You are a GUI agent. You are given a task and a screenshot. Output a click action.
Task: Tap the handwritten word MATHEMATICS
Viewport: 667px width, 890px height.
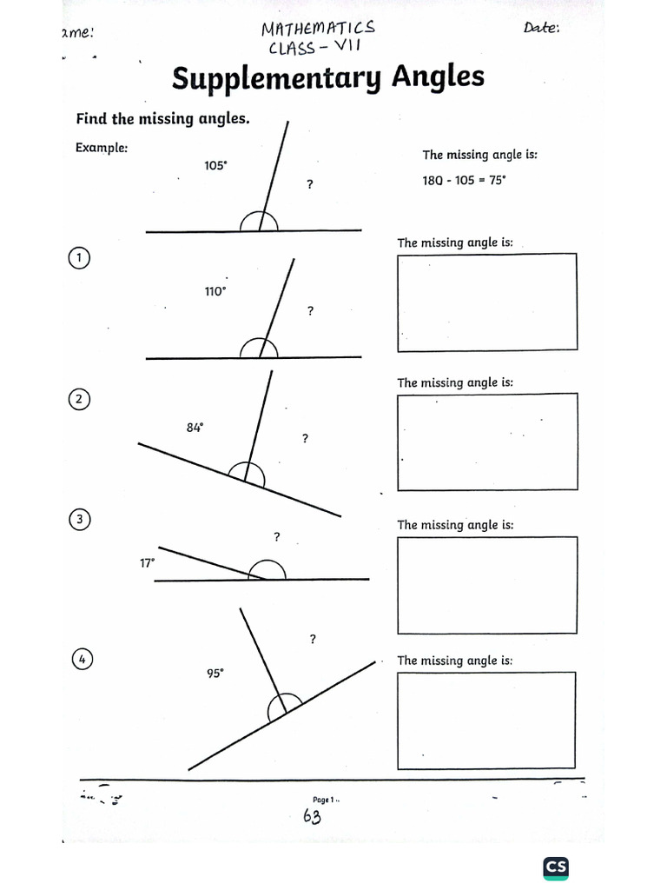(319, 30)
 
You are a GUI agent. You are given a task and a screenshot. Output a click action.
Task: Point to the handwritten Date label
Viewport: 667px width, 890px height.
(542, 28)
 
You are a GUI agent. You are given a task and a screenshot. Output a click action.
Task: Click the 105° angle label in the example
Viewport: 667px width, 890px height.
(215, 165)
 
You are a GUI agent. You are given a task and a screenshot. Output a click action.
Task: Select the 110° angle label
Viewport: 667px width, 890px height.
(215, 292)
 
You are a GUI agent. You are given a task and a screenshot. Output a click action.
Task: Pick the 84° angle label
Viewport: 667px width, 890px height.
(195, 427)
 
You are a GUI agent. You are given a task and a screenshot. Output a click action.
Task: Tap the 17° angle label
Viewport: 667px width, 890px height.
(148, 563)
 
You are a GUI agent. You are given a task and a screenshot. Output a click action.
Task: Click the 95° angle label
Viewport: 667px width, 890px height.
(215, 672)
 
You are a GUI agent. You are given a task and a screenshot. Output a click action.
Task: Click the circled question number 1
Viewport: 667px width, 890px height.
(79, 258)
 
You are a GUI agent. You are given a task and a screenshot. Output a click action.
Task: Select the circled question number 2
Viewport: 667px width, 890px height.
(79, 399)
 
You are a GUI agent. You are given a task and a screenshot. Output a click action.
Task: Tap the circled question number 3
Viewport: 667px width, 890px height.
(79, 520)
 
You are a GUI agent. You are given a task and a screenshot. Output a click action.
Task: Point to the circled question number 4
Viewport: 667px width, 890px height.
(82, 660)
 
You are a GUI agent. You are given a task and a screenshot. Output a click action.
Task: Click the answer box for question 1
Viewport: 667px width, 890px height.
(486, 302)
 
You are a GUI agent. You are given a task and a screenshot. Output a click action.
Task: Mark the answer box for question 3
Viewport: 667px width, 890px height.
(486, 585)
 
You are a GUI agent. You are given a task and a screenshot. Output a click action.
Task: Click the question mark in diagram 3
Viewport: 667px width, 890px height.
(277, 537)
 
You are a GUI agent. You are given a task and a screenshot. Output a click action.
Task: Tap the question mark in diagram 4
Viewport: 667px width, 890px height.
(312, 641)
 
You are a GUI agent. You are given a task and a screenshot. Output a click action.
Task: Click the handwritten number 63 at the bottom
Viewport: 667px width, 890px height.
(313, 816)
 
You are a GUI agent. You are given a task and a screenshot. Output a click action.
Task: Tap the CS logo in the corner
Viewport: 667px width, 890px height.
(556, 867)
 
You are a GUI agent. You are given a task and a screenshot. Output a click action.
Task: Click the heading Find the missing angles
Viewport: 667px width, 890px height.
(162, 118)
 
